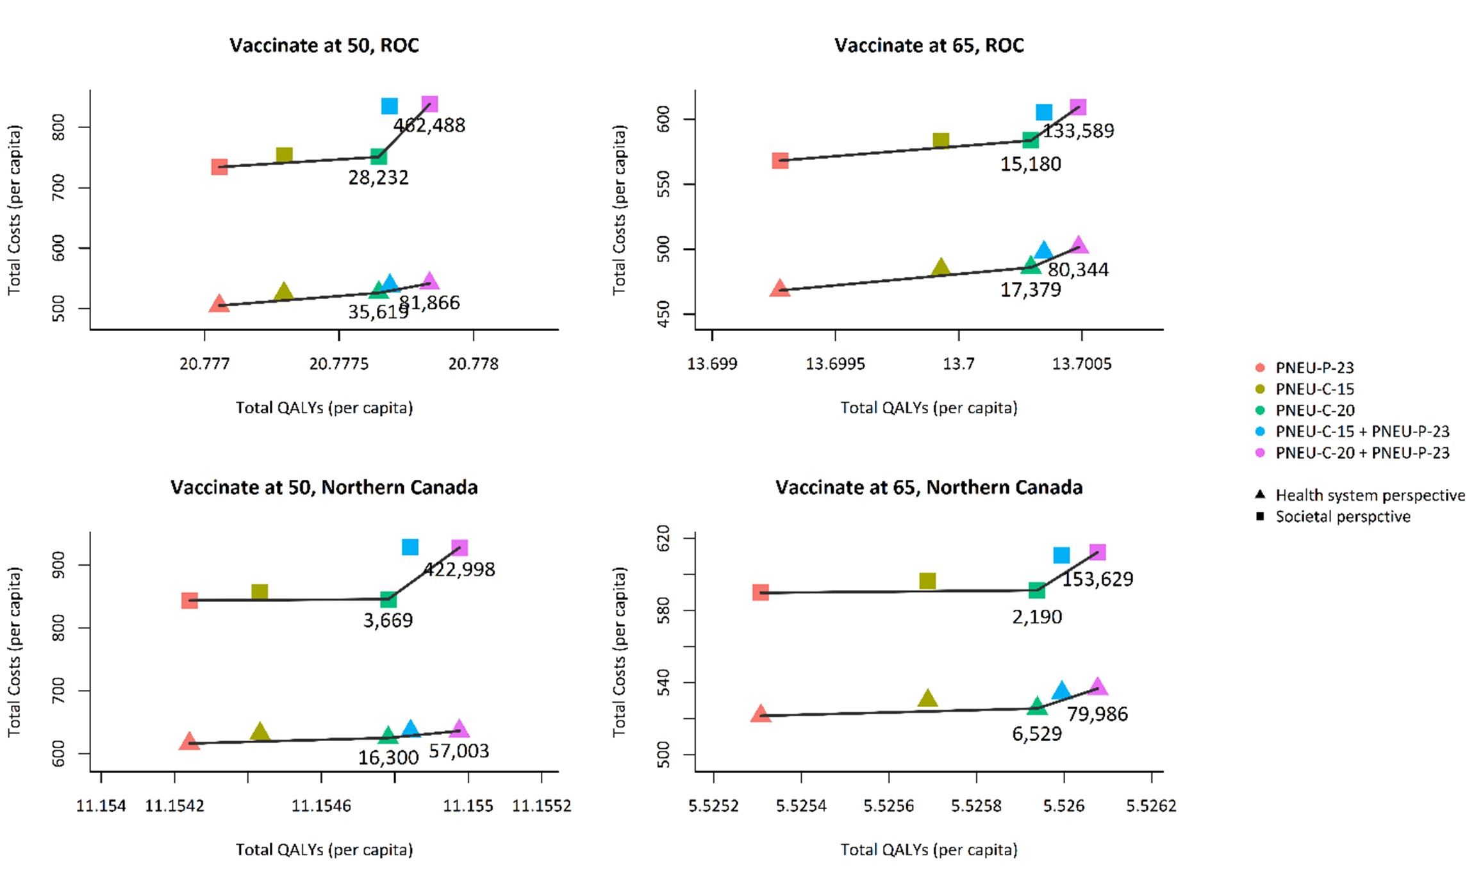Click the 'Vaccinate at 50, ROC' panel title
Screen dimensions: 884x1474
[324, 45]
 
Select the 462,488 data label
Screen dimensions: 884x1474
[429, 126]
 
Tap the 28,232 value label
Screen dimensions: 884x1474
[378, 177]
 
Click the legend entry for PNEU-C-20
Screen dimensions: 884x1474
[1314, 410]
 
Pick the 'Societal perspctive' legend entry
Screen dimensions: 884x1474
[1342, 516]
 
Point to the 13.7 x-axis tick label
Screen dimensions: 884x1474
[958, 364]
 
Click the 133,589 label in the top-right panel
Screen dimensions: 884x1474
[1078, 131]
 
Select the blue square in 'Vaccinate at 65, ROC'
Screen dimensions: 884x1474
[1044, 112]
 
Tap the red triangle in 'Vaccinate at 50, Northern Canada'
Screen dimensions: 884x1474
[189, 742]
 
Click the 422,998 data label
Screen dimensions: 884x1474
[460, 569]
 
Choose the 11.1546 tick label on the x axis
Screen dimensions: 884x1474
[321, 805]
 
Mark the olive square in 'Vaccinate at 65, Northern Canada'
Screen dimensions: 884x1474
[927, 581]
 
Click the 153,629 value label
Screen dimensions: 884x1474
[1098, 579]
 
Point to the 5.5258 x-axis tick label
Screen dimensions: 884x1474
[976, 805]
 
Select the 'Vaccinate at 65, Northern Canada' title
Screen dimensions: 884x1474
[929, 487]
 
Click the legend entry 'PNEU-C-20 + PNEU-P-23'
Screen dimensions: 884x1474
[1362, 453]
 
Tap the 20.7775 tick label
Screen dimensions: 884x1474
[339, 364]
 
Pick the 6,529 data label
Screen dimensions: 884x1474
[1037, 734]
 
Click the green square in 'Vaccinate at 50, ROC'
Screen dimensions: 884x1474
[378, 156]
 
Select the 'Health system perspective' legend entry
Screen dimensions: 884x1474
[1370, 495]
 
